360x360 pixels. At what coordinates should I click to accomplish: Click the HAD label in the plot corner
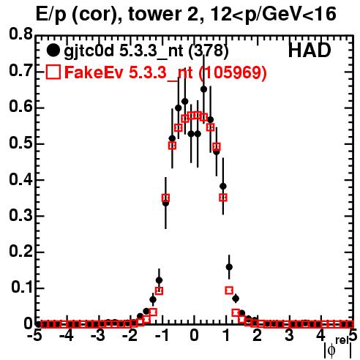[x=310, y=50]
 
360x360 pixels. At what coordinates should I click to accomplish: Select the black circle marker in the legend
[x=53, y=50]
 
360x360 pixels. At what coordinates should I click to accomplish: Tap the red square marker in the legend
[x=53, y=72]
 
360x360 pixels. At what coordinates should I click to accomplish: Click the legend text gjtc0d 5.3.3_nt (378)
[x=146, y=51]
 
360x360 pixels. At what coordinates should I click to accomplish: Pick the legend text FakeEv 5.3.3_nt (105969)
[x=166, y=72]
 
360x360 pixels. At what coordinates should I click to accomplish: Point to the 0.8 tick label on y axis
[x=21, y=34]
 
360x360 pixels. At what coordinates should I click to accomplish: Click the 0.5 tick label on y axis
[x=21, y=143]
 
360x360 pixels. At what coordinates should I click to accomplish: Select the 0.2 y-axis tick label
[x=21, y=251]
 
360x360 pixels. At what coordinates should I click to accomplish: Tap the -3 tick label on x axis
[x=98, y=335]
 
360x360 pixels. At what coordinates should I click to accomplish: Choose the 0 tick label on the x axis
[x=194, y=335]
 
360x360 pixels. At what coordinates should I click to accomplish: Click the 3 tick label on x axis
[x=289, y=335]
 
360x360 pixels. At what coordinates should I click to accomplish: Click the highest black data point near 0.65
[x=204, y=89]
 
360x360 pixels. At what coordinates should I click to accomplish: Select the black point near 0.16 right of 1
[x=229, y=267]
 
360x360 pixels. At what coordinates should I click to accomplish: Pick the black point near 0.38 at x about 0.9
[x=223, y=187]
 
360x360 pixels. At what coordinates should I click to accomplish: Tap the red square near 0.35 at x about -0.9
[x=165, y=198]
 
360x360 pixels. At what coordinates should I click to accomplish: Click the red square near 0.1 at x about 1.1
[x=229, y=290]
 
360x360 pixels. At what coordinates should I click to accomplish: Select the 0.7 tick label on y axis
[x=21, y=71]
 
